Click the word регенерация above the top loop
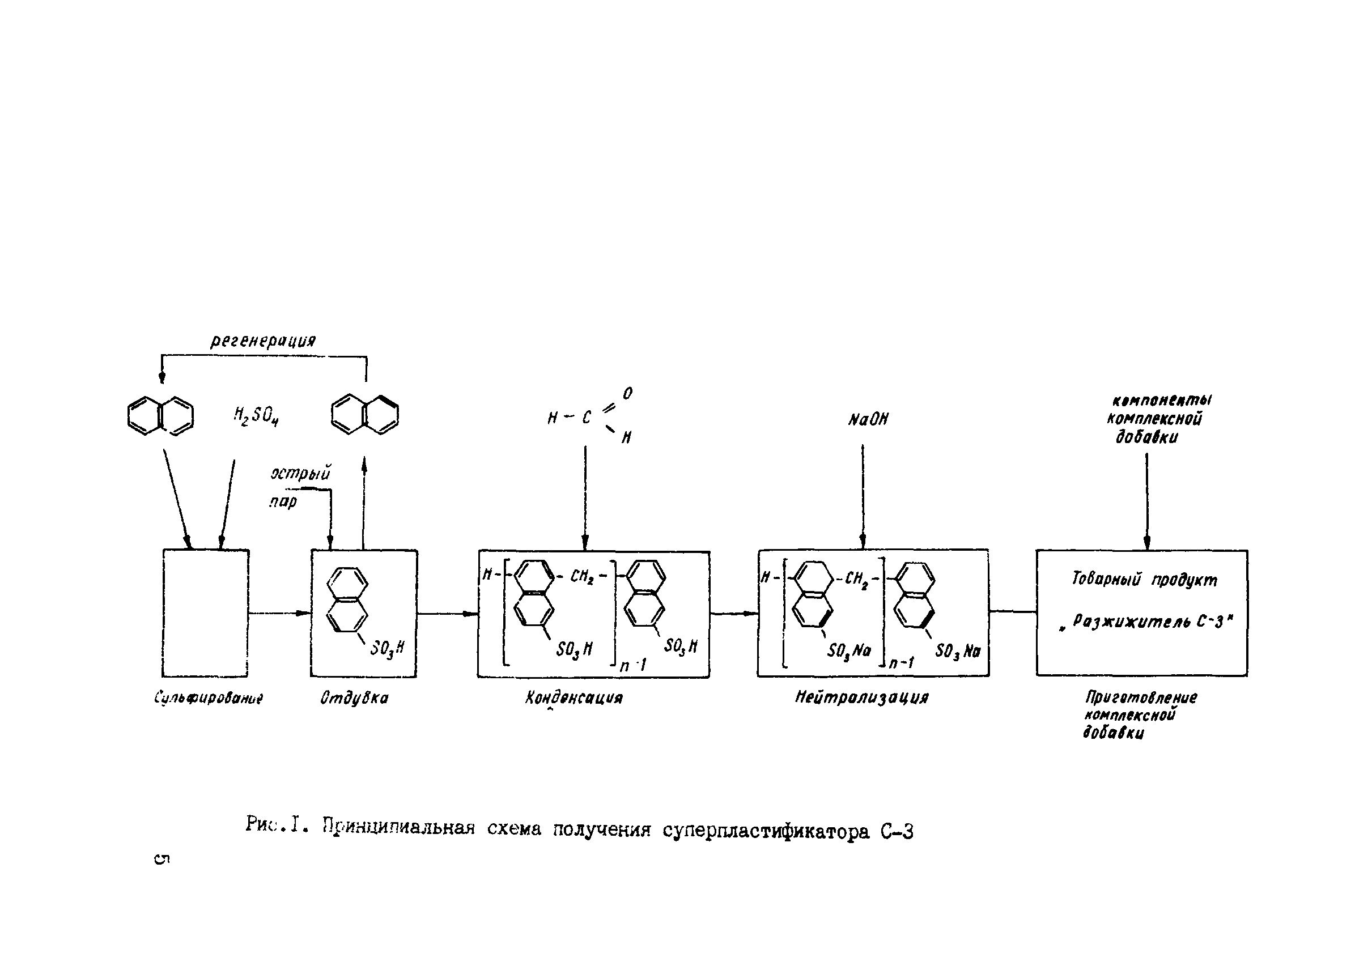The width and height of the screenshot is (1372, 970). pos(263,341)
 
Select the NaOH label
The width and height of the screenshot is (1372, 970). pos(868,420)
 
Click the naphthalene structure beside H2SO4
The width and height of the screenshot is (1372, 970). pos(161,415)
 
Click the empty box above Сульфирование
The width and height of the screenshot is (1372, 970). pos(206,613)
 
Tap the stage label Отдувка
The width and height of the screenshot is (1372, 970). pos(354,697)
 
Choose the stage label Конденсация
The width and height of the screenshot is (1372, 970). pos(574,697)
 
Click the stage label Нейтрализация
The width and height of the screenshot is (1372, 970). pos(862,697)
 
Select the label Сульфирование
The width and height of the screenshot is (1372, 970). pos(209,697)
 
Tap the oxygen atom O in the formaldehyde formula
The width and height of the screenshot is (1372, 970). pos(627,394)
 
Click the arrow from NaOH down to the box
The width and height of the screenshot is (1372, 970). pos(863,496)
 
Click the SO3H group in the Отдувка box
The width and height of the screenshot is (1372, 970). pos(387,648)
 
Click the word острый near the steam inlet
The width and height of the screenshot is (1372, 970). pos(300,474)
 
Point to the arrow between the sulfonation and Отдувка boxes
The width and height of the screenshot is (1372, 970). pos(279,613)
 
